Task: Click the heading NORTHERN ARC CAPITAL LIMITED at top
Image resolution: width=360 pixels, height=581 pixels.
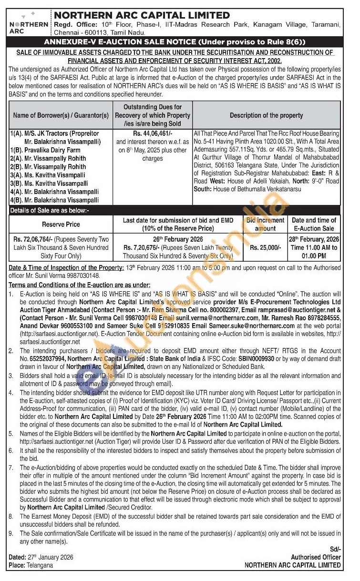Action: point(142,16)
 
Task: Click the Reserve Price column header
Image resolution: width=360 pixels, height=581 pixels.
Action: point(61,224)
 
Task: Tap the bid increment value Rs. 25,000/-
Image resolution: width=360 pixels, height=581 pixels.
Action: point(265,247)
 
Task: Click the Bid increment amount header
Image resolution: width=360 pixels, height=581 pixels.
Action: point(265,224)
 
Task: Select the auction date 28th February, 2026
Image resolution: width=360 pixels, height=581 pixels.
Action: point(314,239)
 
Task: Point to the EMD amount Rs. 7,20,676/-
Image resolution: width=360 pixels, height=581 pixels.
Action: point(143,247)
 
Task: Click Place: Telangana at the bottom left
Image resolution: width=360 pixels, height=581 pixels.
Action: point(31,565)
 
